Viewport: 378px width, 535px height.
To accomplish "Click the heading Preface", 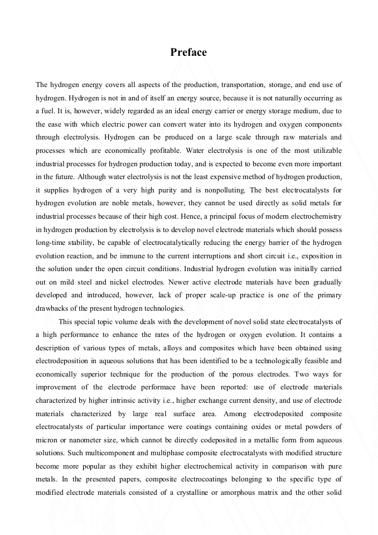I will [188, 52].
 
